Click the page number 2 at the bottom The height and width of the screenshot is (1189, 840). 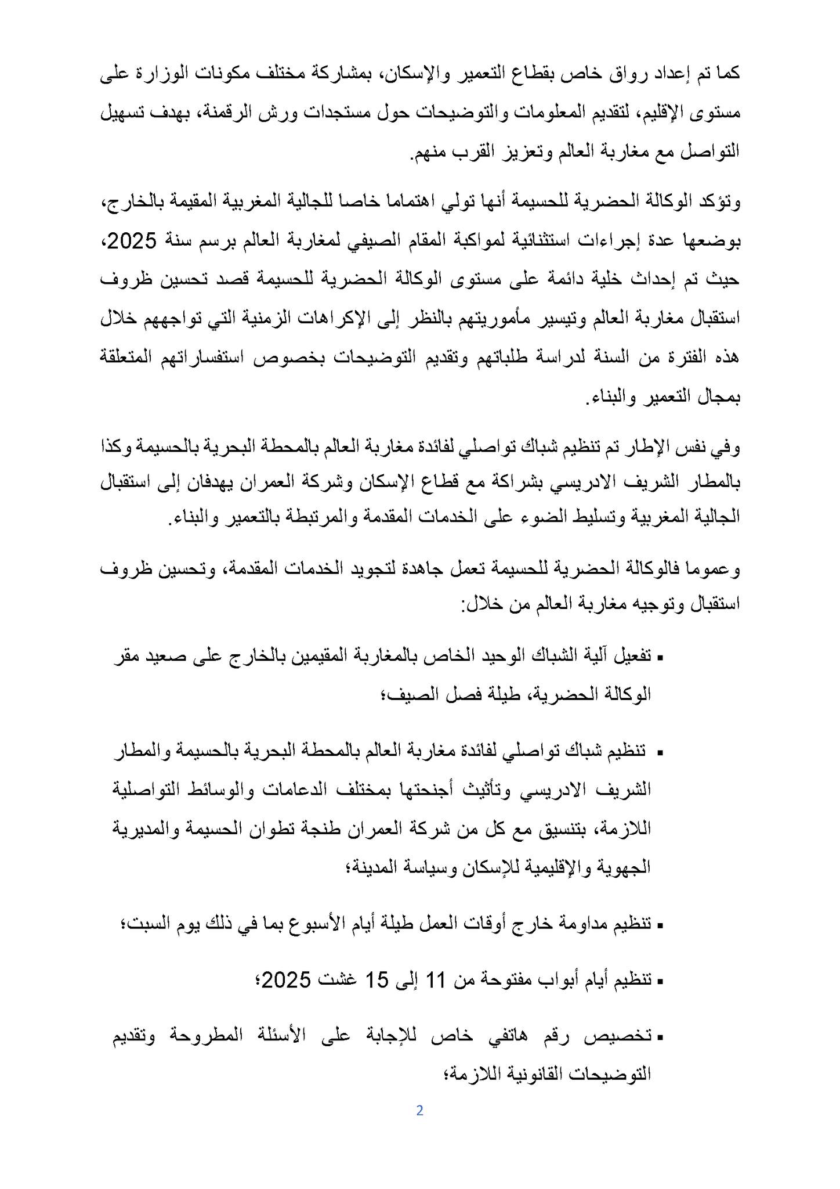pyautogui.click(x=419, y=1111)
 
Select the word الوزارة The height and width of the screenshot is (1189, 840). pyautogui.click(x=166, y=74)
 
